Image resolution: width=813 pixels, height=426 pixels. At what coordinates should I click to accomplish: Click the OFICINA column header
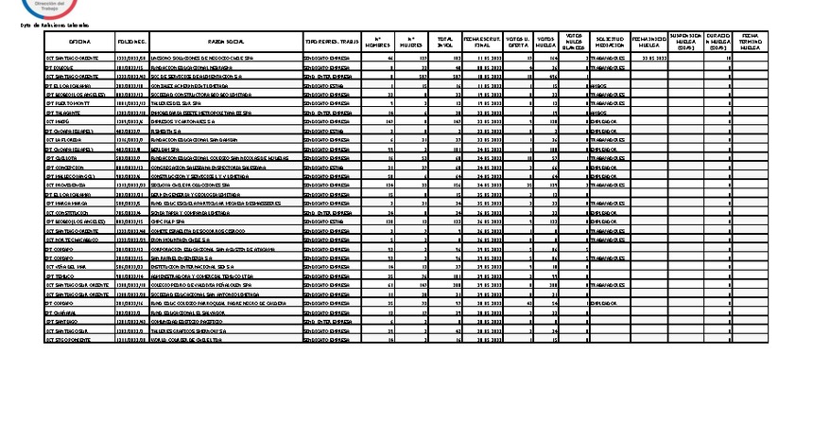click(79, 43)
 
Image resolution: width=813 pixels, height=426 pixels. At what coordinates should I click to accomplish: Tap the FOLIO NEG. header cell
click(132, 43)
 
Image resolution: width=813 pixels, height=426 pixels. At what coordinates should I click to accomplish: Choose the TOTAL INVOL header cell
click(443, 43)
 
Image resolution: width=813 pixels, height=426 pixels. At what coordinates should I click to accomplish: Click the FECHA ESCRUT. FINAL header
click(481, 43)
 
